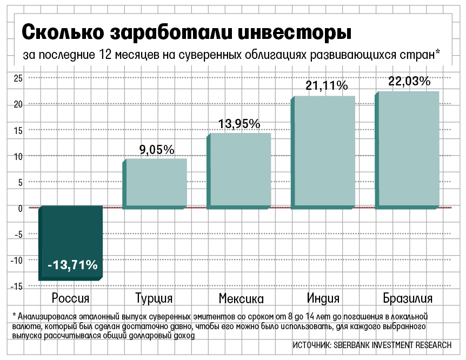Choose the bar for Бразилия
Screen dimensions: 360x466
[x=409, y=149]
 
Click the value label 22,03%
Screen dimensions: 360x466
[x=409, y=82]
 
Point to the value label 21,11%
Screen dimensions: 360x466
[x=327, y=85]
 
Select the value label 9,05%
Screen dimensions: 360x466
[x=157, y=149]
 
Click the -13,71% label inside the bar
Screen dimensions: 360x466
[x=72, y=265]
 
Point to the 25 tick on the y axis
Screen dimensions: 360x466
[x=17, y=78]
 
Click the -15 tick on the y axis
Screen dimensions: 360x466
[x=16, y=286]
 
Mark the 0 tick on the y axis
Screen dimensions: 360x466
[x=19, y=208]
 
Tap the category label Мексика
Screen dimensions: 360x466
[x=241, y=299]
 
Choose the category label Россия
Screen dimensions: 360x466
[x=71, y=299]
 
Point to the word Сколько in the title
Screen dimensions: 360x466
[x=62, y=32]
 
